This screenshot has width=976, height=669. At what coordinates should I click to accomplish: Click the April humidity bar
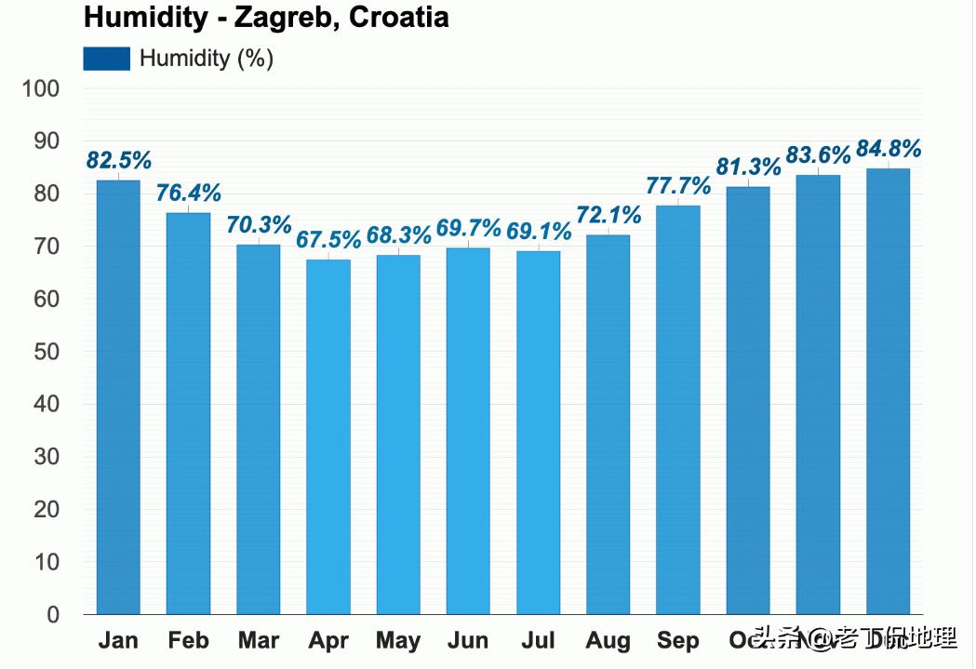click(x=328, y=436)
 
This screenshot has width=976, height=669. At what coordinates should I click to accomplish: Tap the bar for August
click(x=608, y=424)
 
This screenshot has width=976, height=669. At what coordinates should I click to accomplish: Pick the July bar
click(x=538, y=433)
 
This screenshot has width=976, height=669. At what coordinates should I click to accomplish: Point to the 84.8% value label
click(x=888, y=149)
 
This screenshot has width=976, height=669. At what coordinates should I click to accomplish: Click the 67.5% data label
click(x=328, y=239)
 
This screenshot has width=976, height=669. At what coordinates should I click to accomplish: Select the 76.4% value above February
click(x=189, y=194)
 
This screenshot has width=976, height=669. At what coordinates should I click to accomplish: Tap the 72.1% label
click(x=608, y=216)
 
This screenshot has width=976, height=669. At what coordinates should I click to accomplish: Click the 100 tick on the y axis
click(x=41, y=89)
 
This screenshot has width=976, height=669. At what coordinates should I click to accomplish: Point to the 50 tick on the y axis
click(x=47, y=352)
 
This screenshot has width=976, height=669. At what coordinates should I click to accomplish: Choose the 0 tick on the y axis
click(x=52, y=615)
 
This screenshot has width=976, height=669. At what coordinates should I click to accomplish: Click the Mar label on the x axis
click(x=258, y=641)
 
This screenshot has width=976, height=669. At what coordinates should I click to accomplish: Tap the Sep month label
click(x=677, y=641)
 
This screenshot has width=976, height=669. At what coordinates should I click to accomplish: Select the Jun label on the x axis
click(x=467, y=641)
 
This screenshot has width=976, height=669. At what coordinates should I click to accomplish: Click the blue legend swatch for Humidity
click(x=106, y=59)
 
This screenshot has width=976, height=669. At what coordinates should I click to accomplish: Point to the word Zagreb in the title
click(x=286, y=18)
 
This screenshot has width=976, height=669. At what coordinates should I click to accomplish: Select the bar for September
click(x=677, y=410)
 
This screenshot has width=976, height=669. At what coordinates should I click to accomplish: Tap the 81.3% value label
click(x=748, y=167)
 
